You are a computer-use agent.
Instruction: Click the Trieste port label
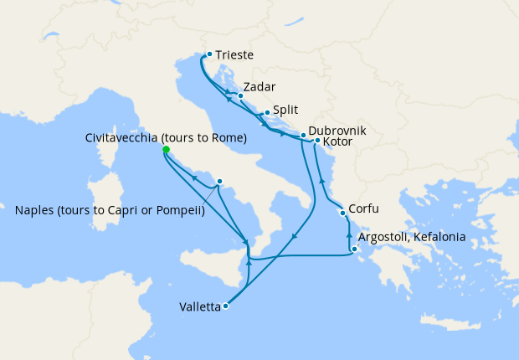[234, 56]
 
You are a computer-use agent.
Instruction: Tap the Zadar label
[259, 87]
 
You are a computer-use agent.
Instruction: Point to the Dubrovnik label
[337, 131]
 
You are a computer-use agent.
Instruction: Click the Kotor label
[338, 142]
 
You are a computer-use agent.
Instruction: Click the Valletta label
[200, 307]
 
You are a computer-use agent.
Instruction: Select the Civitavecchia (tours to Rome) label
[166, 137]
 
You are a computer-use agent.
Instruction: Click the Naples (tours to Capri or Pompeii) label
[110, 210]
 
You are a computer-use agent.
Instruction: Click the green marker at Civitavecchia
[166, 150]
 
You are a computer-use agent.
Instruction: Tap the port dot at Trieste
[209, 54]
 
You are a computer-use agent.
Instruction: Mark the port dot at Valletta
[226, 306]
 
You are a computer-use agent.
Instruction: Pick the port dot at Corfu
[342, 213]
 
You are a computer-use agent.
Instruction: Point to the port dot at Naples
[219, 181]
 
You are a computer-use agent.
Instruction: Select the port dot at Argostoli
[355, 249]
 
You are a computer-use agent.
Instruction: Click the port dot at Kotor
[318, 140]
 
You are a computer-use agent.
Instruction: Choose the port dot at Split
[267, 113]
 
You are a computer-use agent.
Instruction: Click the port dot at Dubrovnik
[303, 134]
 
